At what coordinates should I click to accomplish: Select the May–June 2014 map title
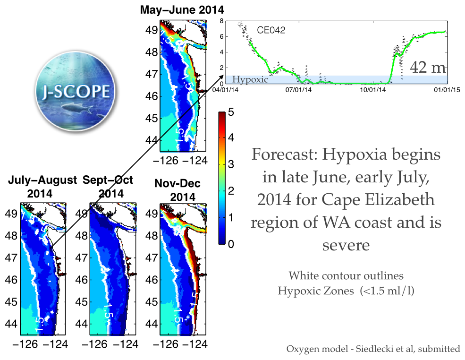point(182,10)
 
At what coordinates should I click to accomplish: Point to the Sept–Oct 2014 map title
point(108,186)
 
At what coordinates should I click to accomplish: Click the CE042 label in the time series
point(271,30)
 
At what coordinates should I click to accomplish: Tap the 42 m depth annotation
point(426,68)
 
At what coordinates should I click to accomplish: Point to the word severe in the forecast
point(346,245)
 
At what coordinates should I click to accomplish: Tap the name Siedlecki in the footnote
point(367,350)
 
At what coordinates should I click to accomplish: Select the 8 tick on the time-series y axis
point(220,21)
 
